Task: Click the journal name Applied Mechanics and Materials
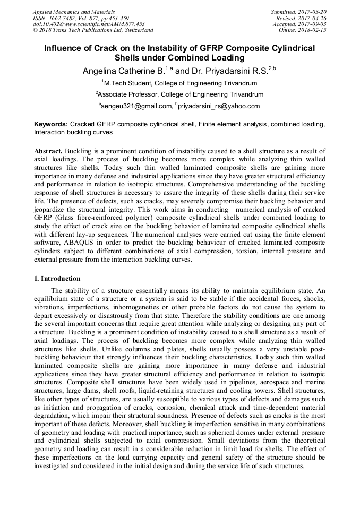[73, 11]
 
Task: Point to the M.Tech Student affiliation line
[179, 83]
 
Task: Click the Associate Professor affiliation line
[179, 95]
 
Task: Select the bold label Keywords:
[51, 124]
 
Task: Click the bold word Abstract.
[48, 151]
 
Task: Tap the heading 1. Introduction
[57, 279]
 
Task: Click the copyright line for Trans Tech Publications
[93, 30]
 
